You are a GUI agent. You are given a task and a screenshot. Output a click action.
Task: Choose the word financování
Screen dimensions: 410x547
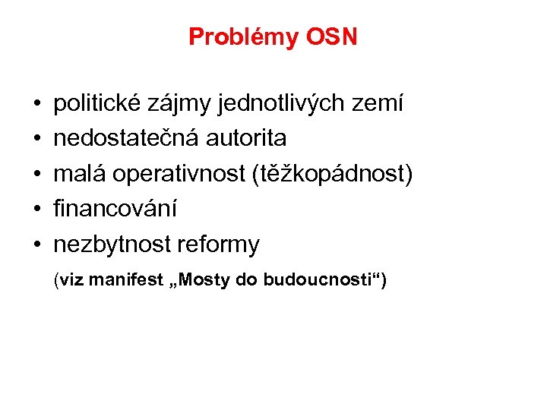point(115,209)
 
